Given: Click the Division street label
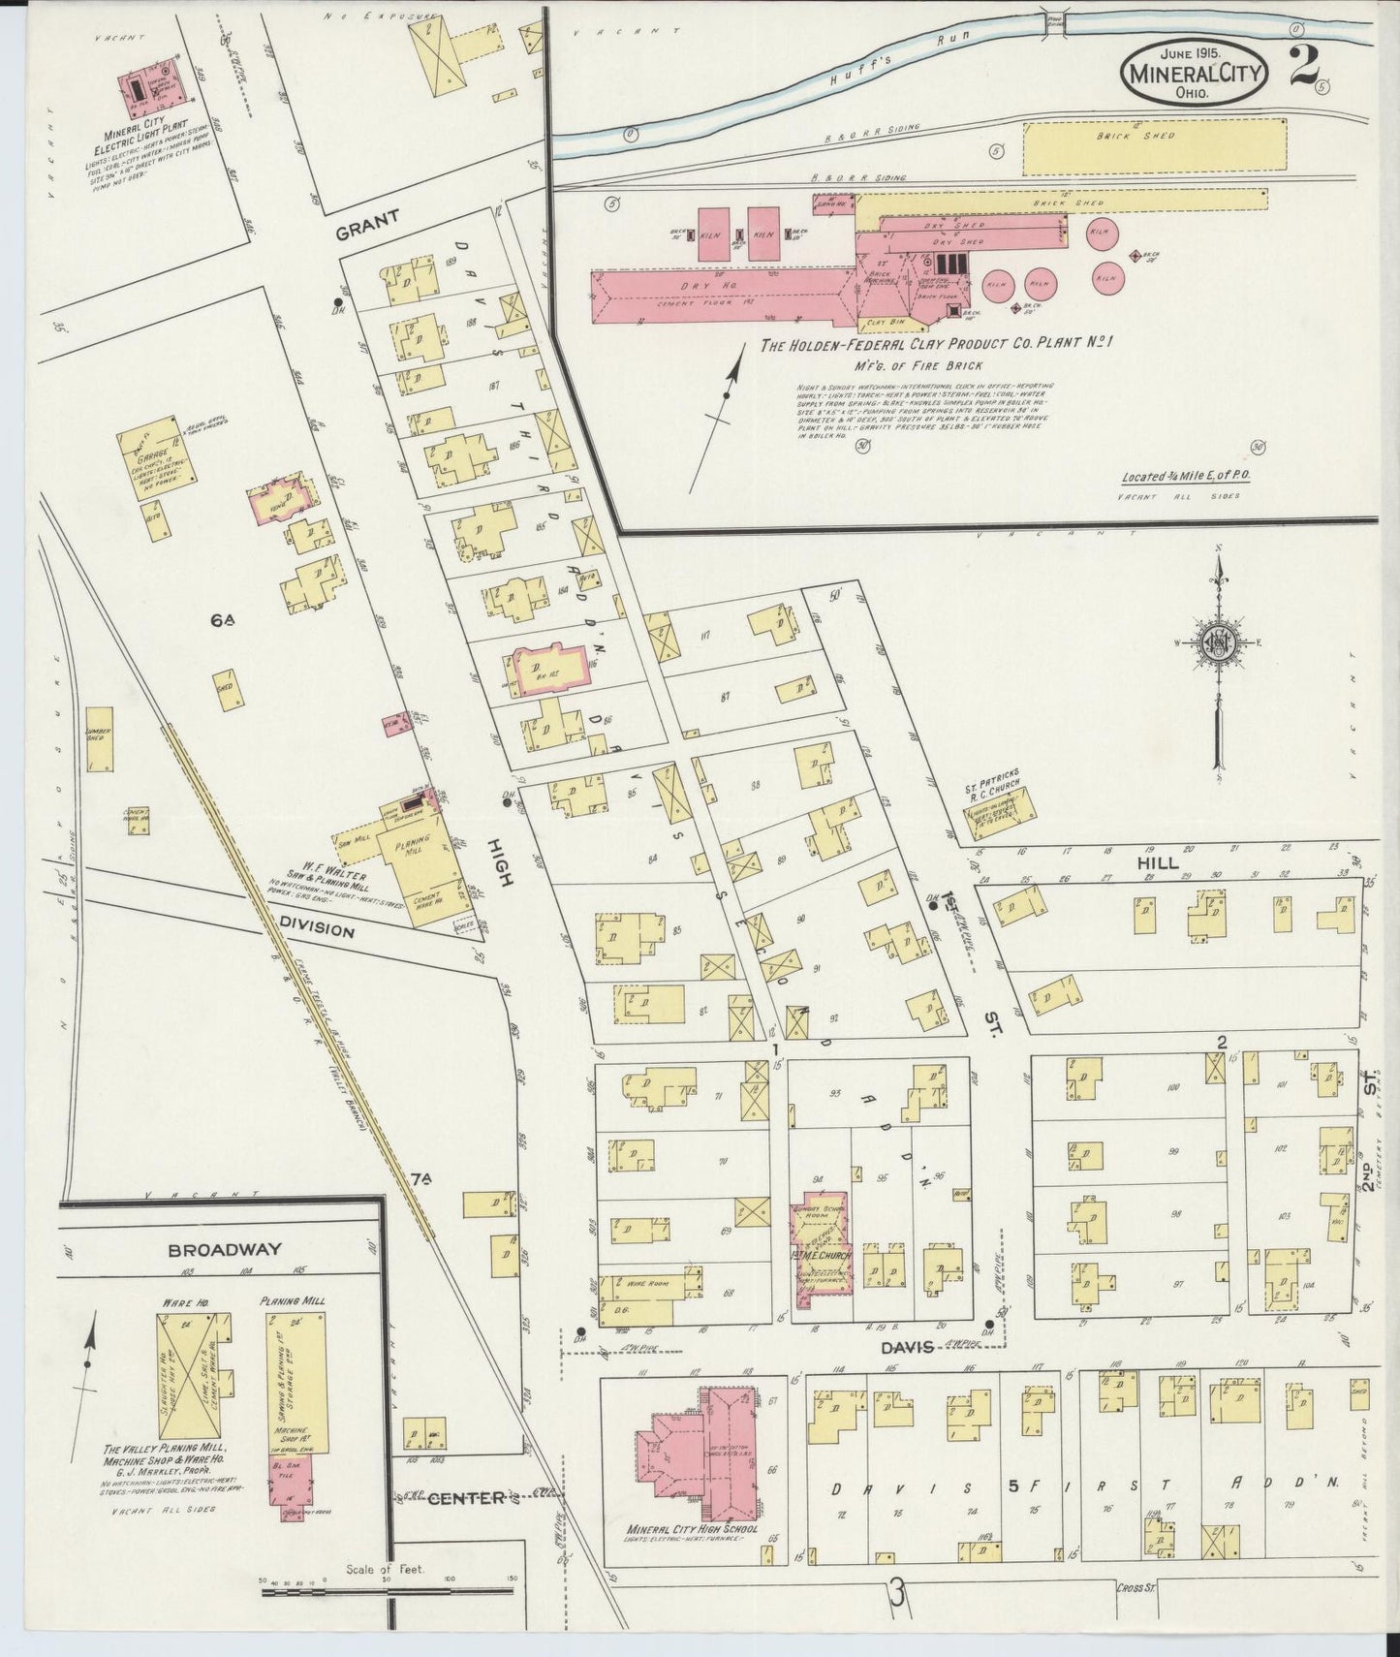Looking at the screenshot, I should [316, 927].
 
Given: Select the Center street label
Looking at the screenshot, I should [466, 1525].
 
